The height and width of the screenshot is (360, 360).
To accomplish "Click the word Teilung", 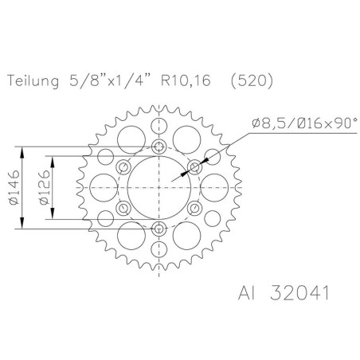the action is point(33,81).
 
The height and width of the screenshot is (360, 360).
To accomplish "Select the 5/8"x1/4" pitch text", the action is point(109,80).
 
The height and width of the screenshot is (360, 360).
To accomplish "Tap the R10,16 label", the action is point(186,80).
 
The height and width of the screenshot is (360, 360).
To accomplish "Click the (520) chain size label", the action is point(252,80).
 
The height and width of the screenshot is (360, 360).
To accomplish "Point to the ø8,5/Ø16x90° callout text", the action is point(305,123).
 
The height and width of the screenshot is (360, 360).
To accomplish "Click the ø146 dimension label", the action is point(14,187).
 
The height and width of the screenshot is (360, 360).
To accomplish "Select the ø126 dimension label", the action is point(44,187).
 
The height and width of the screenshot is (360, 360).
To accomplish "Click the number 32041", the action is point(299,293).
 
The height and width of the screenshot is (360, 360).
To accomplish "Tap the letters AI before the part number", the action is point(246,293).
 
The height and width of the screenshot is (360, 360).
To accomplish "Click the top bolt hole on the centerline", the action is point(158,147).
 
